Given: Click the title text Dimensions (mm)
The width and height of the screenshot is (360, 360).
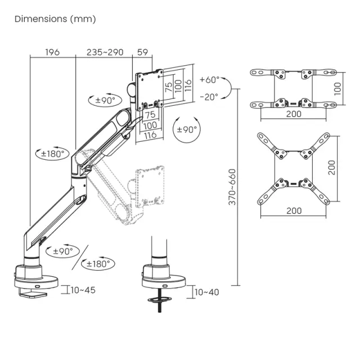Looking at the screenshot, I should click(x=55, y=19).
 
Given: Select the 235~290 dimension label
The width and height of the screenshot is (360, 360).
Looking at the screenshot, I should click(x=105, y=52).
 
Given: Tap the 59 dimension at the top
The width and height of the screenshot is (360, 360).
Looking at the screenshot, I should click(x=142, y=52).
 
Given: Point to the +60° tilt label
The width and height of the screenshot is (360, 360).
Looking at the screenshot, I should click(x=209, y=80).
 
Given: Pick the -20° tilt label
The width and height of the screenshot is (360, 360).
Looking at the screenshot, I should click(x=209, y=96).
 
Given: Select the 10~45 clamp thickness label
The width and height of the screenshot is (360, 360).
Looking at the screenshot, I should click(x=83, y=290).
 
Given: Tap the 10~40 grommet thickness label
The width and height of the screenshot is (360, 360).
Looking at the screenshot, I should click(x=206, y=292).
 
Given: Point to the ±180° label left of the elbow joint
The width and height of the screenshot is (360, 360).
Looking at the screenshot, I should click(x=52, y=153).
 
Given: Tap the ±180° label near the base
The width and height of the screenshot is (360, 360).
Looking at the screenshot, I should click(x=98, y=263).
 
